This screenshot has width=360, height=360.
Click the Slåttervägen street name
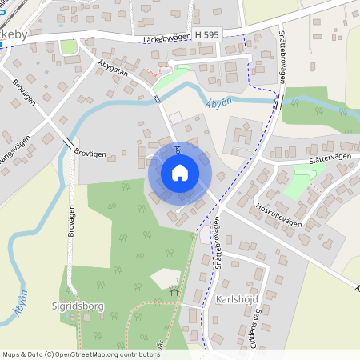click(317, 157)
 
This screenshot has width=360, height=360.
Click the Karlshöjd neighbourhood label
click(238, 300)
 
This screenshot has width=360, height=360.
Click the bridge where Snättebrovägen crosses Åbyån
click(277, 102)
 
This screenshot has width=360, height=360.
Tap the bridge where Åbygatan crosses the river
click(158, 98)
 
